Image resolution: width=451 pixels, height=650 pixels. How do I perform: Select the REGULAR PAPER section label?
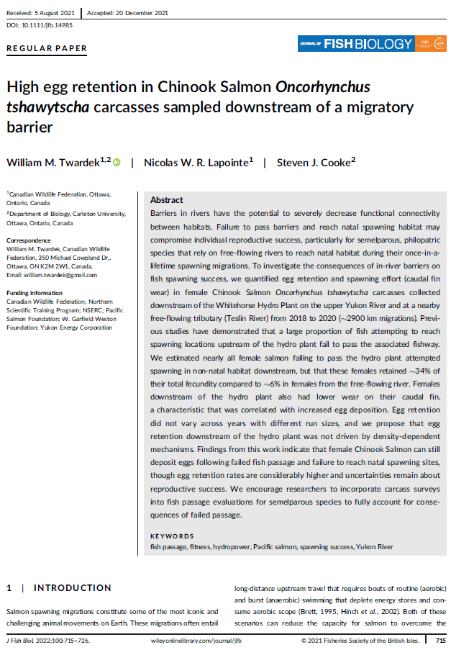47,49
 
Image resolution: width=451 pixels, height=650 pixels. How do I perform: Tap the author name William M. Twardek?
54,163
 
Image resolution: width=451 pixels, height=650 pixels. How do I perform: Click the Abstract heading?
166,200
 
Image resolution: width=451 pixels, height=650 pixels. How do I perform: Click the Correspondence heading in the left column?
29,240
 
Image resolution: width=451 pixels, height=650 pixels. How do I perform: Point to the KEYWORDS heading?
172,536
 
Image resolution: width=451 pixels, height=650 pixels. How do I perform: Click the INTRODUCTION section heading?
73,588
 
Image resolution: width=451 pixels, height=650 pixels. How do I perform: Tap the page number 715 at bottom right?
440,639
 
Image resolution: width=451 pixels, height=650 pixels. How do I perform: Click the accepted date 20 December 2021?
140,13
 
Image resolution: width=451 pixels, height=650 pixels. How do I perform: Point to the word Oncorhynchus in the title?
323,88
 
